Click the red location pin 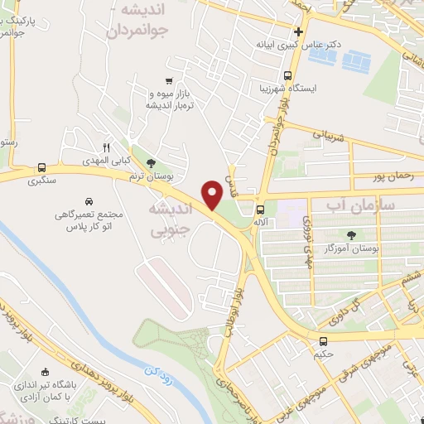[x=212, y=194]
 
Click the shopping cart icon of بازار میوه [x=169, y=81]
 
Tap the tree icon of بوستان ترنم [x=150, y=162]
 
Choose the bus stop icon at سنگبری [x=41, y=166]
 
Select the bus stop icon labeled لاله [x=260, y=210]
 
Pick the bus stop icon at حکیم [x=323, y=340]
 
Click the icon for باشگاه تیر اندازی [x=45, y=372]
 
